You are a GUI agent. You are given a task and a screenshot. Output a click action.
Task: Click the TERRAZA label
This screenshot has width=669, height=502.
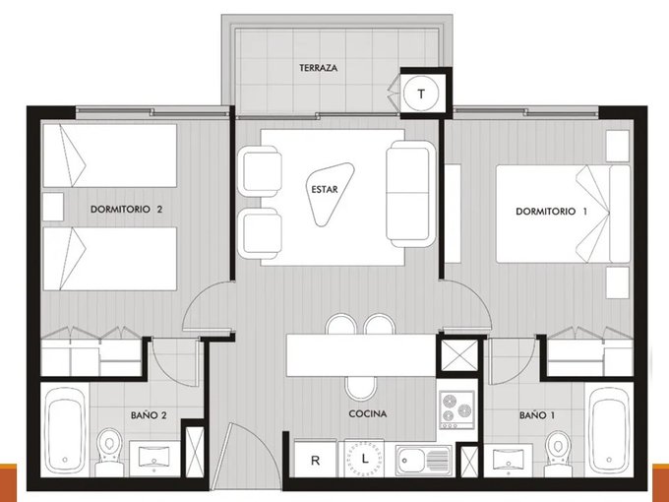point(319,68)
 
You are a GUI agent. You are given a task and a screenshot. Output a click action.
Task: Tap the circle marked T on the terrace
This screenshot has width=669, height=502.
point(421,94)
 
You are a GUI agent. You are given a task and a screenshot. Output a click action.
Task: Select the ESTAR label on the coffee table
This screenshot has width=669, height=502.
point(325,190)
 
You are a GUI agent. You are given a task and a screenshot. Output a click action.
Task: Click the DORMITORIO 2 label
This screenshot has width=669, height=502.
point(126,209)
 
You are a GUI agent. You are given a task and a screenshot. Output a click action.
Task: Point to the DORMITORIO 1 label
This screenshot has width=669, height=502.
point(551,212)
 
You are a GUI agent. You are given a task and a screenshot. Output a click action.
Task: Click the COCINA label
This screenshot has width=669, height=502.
point(367,413)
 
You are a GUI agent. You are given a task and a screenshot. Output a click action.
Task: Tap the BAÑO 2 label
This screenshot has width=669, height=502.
point(148,415)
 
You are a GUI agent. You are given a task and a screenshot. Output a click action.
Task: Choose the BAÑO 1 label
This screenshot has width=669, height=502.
point(537,415)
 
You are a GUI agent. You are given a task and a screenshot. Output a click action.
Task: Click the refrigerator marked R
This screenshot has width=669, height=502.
point(316,459)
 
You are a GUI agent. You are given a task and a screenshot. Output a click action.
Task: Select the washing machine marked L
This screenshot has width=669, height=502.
point(364,459)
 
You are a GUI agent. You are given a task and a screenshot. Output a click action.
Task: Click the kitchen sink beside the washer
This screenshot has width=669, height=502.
point(423,461)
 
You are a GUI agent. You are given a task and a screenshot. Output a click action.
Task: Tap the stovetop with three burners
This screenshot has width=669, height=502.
point(456,409)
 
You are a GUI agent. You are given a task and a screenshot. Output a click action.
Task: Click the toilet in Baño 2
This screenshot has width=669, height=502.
point(109,452)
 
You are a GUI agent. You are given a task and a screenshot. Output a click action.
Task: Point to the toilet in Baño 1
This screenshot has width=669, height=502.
point(558,454)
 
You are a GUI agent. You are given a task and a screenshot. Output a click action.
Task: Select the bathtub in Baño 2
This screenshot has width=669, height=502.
point(65,430)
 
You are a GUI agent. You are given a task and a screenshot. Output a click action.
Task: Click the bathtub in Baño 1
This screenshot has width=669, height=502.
point(609,430)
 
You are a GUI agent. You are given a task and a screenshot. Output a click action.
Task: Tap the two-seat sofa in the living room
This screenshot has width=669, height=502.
point(410,194)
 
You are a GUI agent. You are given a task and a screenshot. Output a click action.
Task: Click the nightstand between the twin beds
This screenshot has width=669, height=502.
point(53,207)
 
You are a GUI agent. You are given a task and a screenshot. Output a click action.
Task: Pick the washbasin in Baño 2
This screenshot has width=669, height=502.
point(154,458)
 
